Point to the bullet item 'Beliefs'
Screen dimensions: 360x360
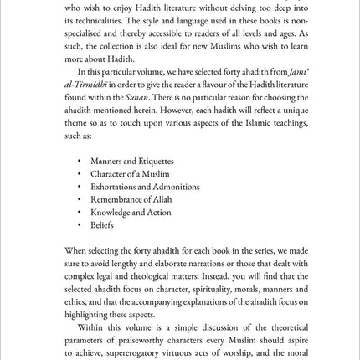[101, 224]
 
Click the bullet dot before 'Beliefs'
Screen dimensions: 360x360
[80, 224]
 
